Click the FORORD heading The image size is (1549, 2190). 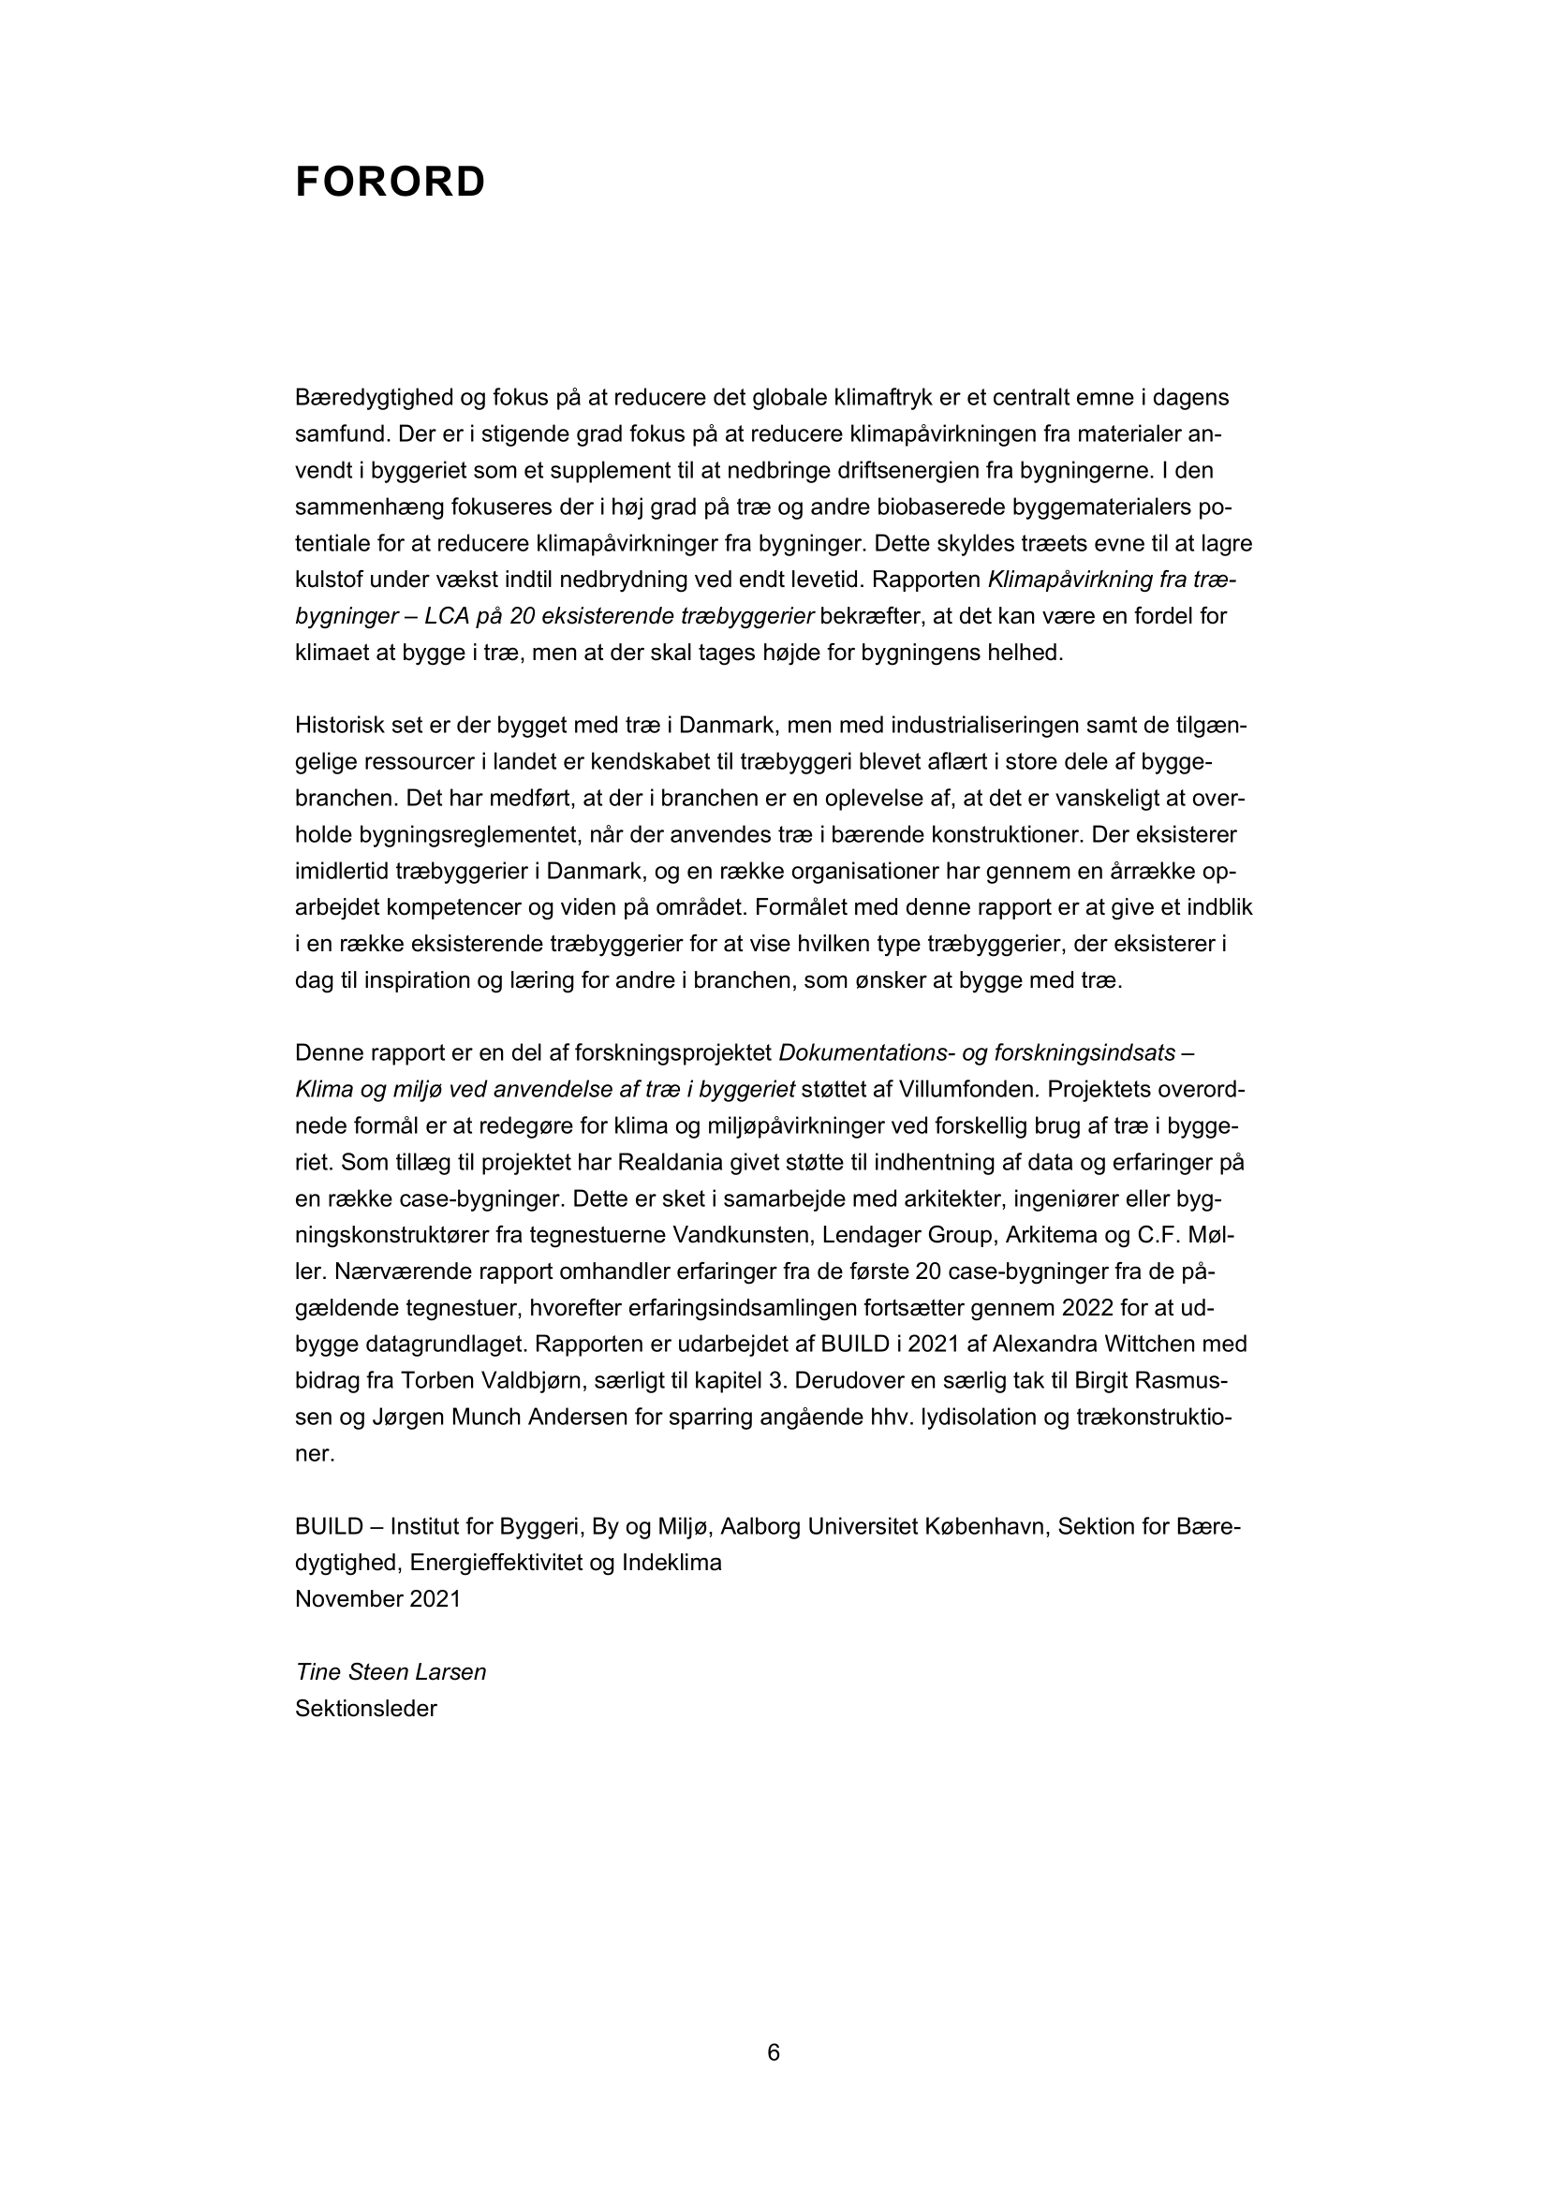pyautogui.click(x=391, y=183)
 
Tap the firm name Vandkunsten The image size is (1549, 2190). pyautogui.click(x=732, y=1235)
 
